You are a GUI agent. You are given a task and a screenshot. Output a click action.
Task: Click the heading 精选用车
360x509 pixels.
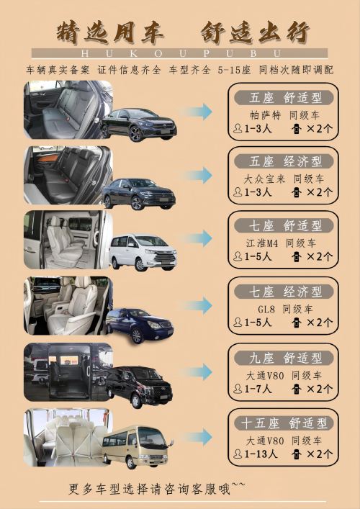[x=110, y=33]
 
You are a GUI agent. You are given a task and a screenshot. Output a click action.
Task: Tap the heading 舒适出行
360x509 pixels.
[x=255, y=33]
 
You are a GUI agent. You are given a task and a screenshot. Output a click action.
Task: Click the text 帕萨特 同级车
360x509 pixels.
[x=284, y=115]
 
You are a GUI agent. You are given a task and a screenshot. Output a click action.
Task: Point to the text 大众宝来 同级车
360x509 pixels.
[x=284, y=179]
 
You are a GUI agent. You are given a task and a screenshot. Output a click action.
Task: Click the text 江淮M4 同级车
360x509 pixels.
[x=281, y=243]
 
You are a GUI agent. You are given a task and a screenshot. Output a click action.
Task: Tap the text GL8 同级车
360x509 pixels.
[x=285, y=310]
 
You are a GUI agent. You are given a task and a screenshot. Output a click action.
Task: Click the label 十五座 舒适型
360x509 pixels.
[x=284, y=423]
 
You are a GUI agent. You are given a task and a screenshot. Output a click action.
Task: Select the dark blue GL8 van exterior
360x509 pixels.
[x=140, y=325]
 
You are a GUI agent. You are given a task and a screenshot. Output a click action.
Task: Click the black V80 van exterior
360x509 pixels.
[x=140, y=387]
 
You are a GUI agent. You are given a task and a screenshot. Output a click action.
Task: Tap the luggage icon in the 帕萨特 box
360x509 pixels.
[x=297, y=129]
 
